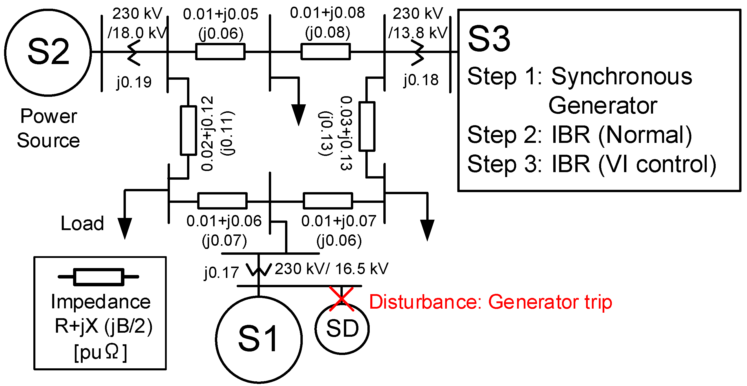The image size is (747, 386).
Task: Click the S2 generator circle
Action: click(x=48, y=52)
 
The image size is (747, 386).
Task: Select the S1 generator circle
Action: click(x=259, y=339)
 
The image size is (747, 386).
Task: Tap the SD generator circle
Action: click(x=342, y=329)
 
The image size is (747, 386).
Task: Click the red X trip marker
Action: click(x=342, y=299)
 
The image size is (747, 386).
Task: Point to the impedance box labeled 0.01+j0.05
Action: click(x=220, y=52)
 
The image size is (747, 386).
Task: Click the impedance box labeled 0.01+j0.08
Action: click(x=326, y=52)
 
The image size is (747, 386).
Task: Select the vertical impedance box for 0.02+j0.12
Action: click(x=188, y=130)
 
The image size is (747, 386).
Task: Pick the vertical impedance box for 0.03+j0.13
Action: click(x=367, y=126)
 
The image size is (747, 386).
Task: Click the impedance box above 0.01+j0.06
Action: click(x=222, y=201)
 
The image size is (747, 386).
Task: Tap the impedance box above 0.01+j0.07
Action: click(x=328, y=201)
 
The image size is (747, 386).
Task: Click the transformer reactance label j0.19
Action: click(x=134, y=82)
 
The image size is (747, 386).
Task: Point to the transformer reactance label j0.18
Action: click(x=421, y=80)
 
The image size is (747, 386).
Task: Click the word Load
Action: click(x=82, y=223)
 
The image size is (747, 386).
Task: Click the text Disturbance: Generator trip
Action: click(x=490, y=302)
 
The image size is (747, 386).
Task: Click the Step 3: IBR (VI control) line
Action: click(x=592, y=164)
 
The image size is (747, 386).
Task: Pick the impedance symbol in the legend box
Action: click(x=99, y=277)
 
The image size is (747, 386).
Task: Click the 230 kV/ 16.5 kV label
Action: click(x=331, y=269)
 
